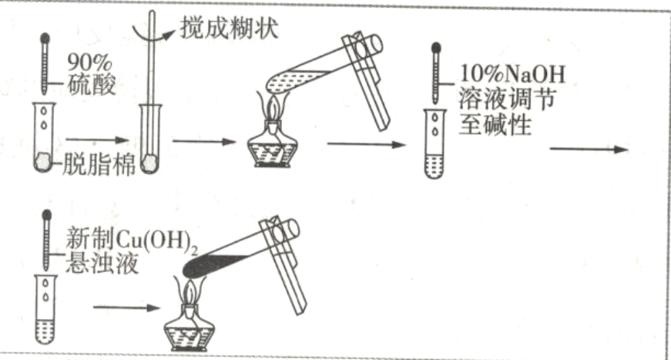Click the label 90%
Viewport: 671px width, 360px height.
click(89, 62)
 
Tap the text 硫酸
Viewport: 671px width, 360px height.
click(91, 85)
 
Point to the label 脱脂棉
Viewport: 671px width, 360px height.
click(99, 164)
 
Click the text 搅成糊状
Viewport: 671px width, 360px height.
click(230, 29)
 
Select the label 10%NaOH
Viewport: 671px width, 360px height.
click(512, 74)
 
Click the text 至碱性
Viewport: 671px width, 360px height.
click(495, 125)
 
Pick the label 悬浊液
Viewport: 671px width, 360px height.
click(102, 263)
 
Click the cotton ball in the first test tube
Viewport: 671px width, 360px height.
click(43, 162)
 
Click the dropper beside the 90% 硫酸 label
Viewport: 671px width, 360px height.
click(45, 63)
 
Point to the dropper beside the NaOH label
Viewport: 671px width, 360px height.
click(435, 72)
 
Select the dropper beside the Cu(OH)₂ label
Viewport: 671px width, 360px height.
click(47, 241)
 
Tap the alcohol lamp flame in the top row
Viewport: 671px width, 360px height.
click(272, 107)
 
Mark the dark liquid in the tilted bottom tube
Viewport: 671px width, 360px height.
click(214, 266)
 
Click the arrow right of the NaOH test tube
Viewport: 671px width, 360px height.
click(589, 149)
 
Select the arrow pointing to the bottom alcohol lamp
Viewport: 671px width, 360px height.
click(126, 308)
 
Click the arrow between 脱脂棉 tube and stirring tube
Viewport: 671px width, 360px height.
click(97, 140)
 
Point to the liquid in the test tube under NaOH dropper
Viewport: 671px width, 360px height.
click(434, 166)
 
